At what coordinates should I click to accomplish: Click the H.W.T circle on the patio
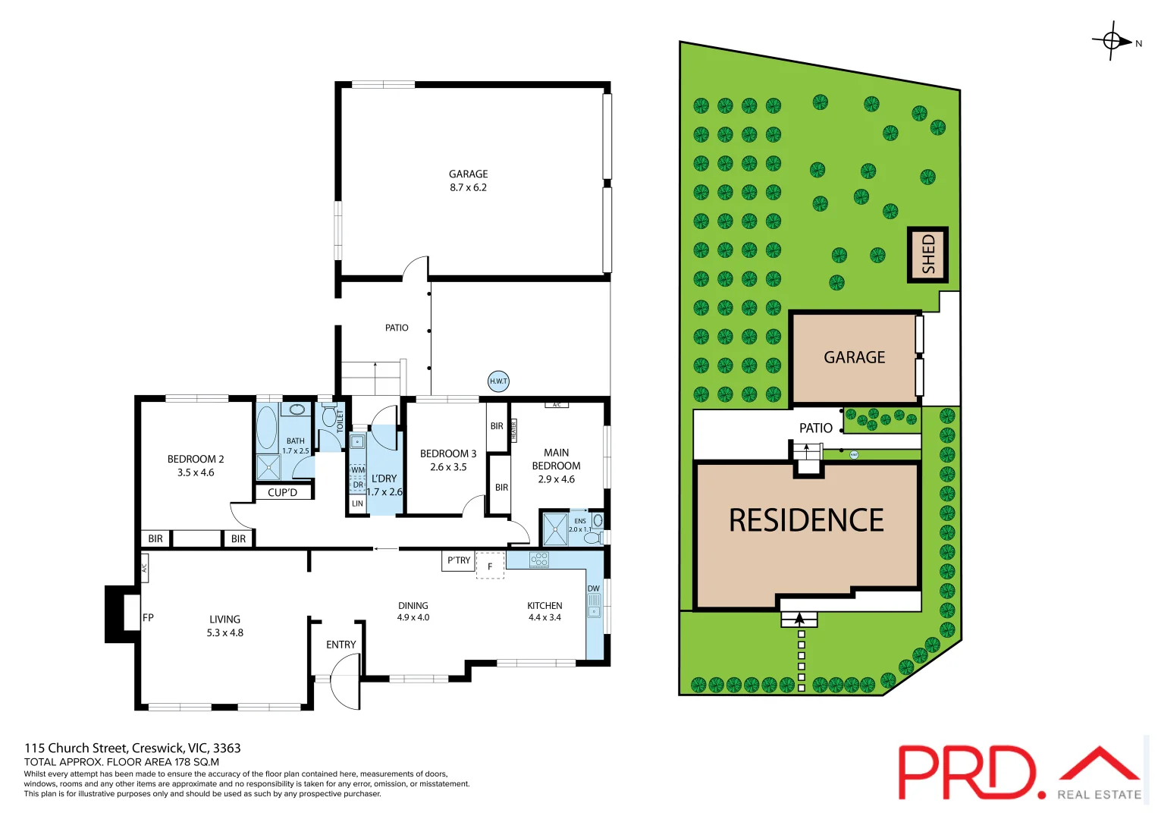(498, 381)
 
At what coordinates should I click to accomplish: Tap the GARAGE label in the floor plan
(468, 174)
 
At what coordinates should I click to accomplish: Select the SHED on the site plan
(928, 255)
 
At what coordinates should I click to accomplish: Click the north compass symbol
(1112, 42)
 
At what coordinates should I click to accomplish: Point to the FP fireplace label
(148, 617)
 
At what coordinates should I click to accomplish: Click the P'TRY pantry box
(458, 560)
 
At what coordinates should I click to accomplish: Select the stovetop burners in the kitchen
(539, 560)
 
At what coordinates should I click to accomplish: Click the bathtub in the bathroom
(267, 428)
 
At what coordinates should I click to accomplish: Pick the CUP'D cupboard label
(282, 492)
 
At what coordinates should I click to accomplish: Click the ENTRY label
(340, 645)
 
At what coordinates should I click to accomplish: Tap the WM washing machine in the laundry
(357, 470)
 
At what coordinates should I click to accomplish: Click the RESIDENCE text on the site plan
(806, 520)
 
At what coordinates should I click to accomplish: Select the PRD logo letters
(966, 772)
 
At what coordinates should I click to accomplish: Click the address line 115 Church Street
(133, 748)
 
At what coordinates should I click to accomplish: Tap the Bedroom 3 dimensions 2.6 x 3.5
(448, 467)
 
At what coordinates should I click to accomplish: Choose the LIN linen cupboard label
(357, 504)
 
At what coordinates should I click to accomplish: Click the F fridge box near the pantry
(490, 566)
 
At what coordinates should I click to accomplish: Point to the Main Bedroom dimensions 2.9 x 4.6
(556, 479)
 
